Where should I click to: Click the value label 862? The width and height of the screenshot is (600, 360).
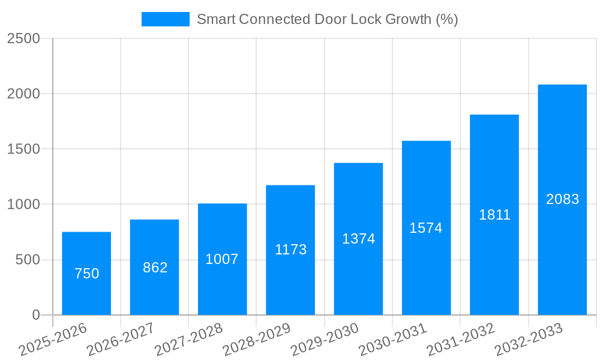pyautogui.click(x=155, y=268)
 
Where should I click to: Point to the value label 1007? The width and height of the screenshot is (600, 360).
pyautogui.click(x=222, y=259)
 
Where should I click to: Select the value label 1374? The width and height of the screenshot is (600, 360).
pyautogui.click(x=358, y=239)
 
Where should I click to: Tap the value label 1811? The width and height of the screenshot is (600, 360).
pyautogui.click(x=494, y=215)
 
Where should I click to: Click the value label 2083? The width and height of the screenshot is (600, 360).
pyautogui.click(x=562, y=199)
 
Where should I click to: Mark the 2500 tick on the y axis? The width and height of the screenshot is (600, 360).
pyautogui.click(x=23, y=38)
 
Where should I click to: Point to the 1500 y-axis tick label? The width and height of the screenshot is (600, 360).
pyautogui.click(x=23, y=149)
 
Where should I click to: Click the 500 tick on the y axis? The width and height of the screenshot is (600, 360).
pyautogui.click(x=28, y=260)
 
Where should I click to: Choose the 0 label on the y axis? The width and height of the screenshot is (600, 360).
pyautogui.click(x=35, y=315)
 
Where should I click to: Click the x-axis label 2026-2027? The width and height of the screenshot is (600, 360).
pyautogui.click(x=120, y=340)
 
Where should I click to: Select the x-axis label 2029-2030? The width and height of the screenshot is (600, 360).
pyautogui.click(x=324, y=340)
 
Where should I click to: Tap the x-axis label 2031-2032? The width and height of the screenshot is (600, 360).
pyautogui.click(x=460, y=340)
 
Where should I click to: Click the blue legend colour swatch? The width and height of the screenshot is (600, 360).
pyautogui.click(x=165, y=19)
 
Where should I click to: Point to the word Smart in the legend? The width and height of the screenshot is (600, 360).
pyautogui.click(x=215, y=19)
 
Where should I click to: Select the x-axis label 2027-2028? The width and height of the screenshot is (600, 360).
pyautogui.click(x=188, y=340)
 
